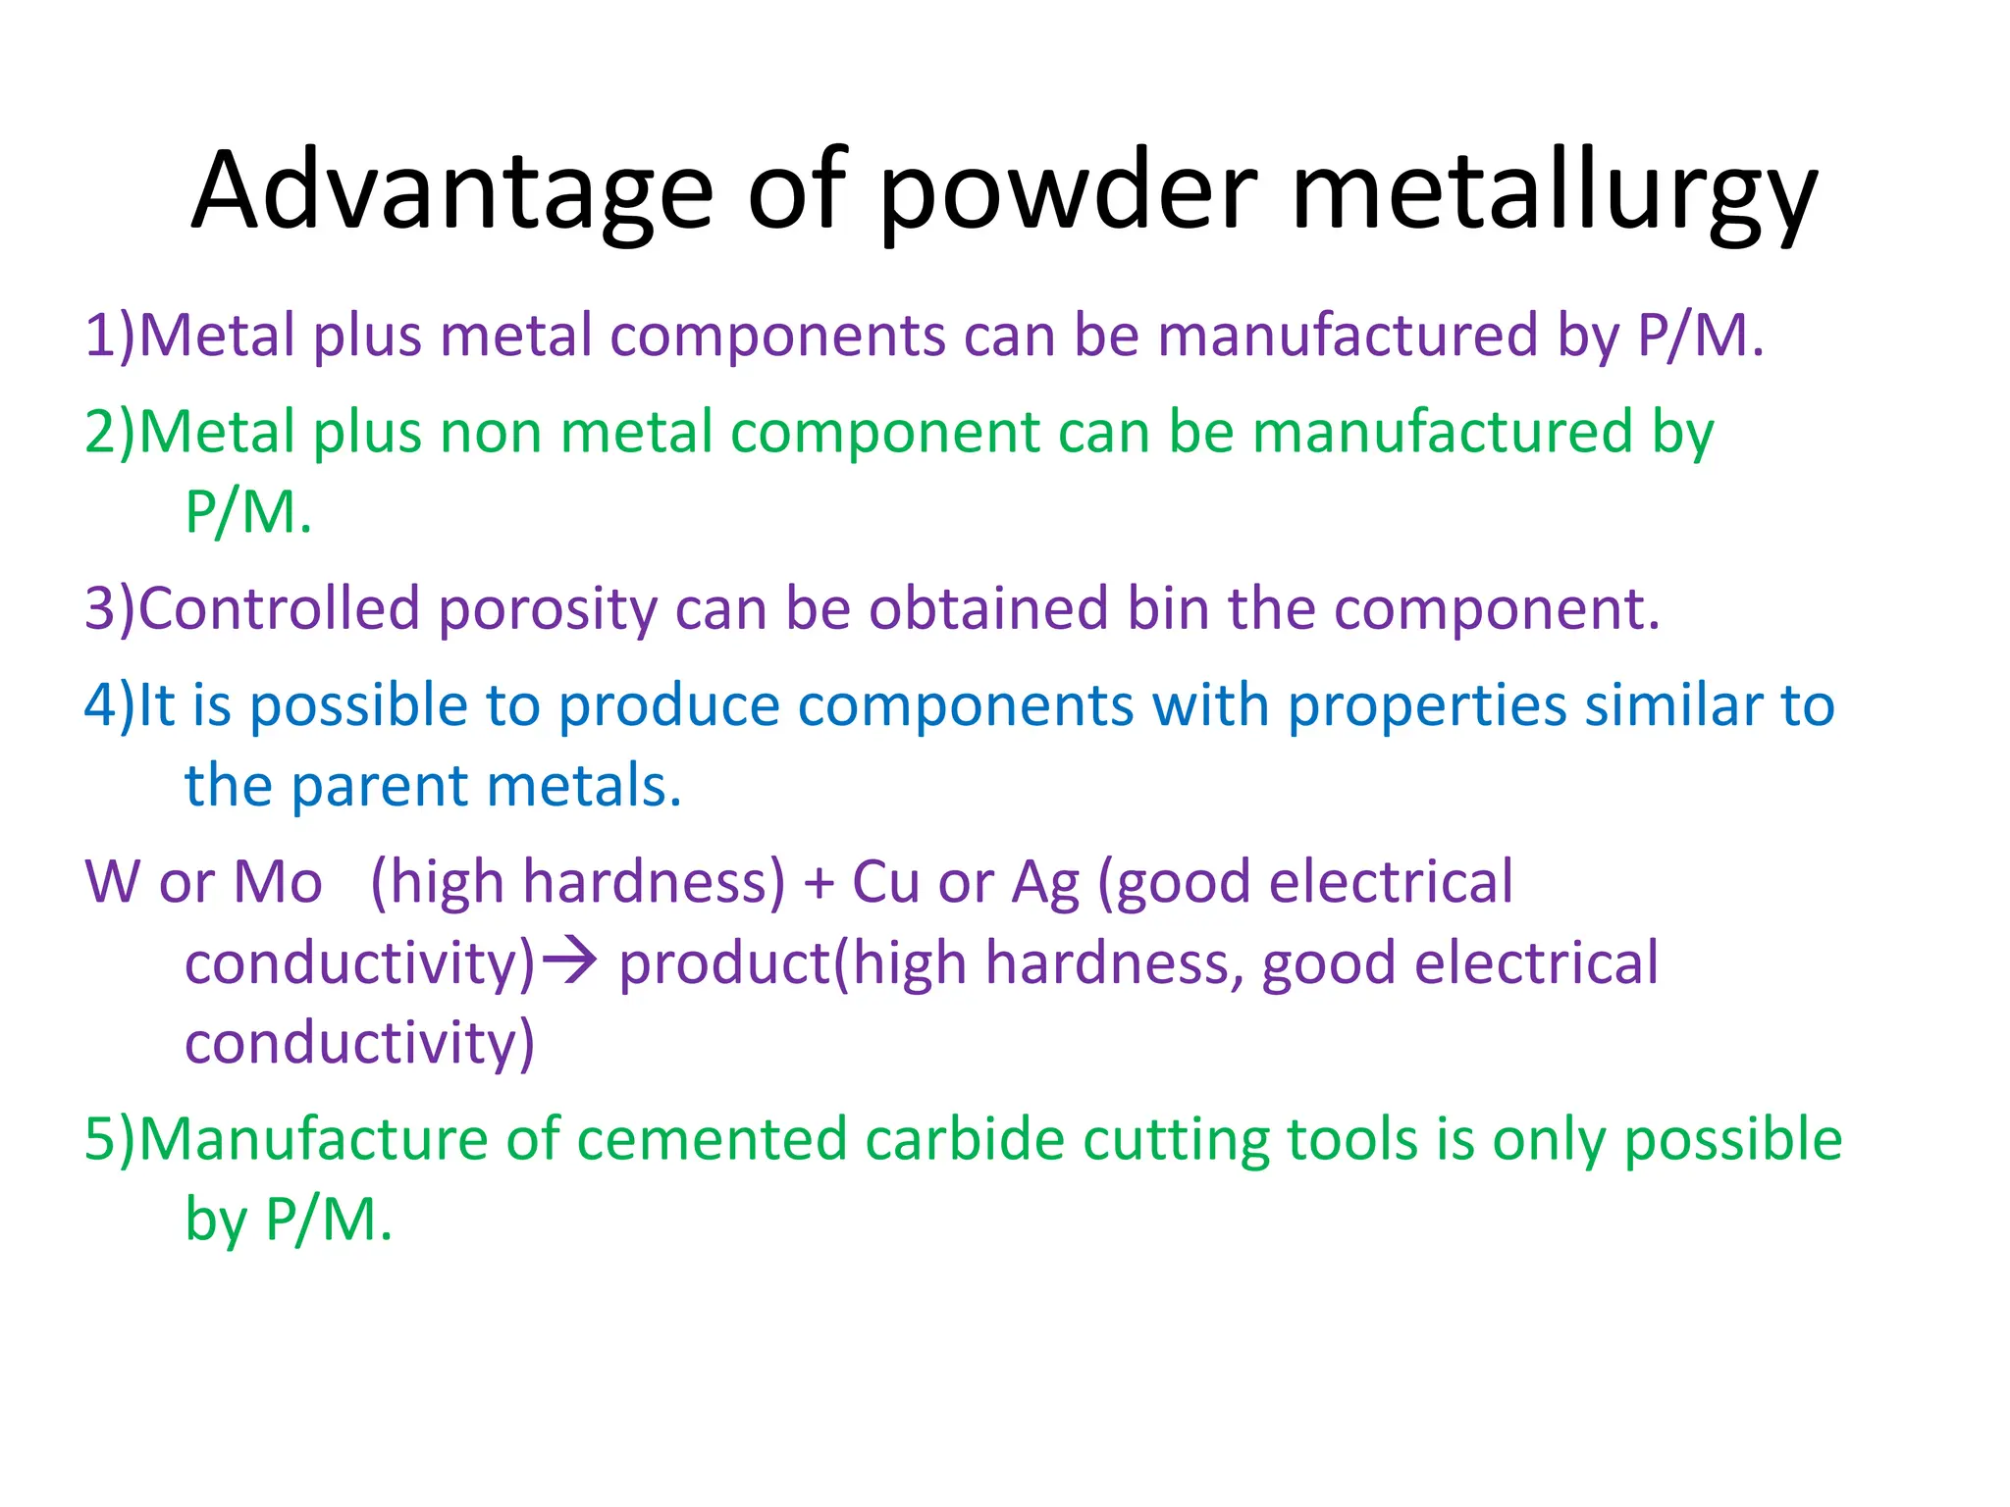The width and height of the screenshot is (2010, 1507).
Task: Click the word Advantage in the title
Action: click(452, 191)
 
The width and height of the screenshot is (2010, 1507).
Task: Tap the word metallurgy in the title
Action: click(1555, 191)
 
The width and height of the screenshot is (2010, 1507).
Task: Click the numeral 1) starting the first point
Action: click(109, 336)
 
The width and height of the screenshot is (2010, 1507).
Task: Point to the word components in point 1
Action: click(777, 336)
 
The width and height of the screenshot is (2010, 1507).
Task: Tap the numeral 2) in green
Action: click(109, 432)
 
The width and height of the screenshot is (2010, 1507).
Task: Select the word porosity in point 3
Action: click(548, 608)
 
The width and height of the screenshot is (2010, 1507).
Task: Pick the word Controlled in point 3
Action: click(280, 608)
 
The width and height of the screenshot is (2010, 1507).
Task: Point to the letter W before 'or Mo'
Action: click(113, 882)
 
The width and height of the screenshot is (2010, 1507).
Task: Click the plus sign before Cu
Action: click(819, 882)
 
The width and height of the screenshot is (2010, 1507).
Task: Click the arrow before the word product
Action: click(570, 961)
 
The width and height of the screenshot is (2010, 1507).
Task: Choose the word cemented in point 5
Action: click(712, 1139)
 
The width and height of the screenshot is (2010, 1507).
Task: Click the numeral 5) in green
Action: click(109, 1139)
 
